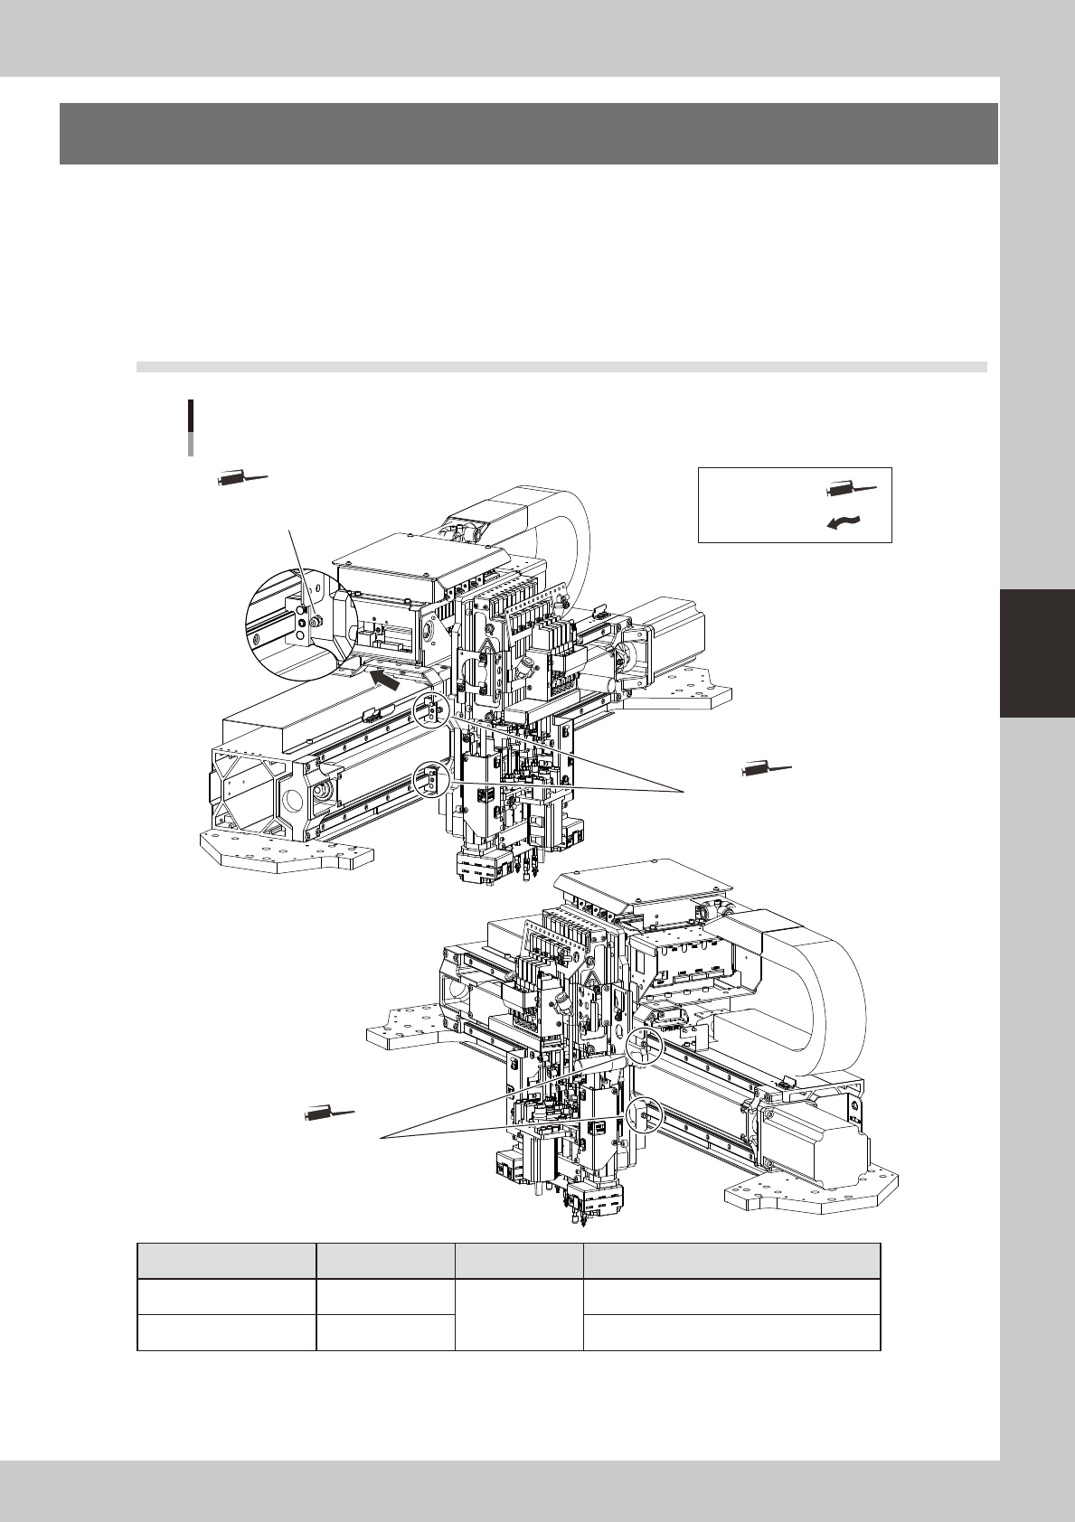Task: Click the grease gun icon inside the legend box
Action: tap(850, 490)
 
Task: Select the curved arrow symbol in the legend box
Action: tap(847, 521)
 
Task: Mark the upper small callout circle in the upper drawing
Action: tap(431, 710)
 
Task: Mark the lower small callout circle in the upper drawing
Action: tap(430, 779)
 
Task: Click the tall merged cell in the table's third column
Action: tap(519, 1314)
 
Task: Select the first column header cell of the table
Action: tap(226, 1261)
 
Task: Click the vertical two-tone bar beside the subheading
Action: tap(190, 427)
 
